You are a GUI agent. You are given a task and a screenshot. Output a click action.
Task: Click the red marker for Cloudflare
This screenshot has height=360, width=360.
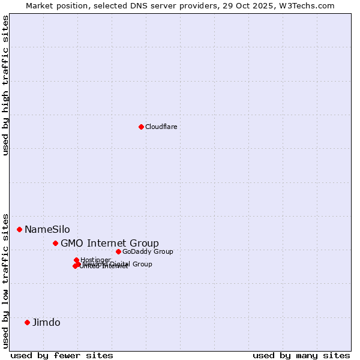(x=141, y=127)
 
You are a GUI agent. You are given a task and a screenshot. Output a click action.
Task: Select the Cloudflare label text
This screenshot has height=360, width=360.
(x=161, y=127)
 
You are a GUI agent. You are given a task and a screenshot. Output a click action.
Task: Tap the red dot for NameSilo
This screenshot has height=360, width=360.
(x=19, y=229)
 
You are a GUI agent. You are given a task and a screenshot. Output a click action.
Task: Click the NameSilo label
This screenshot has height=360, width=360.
(x=47, y=229)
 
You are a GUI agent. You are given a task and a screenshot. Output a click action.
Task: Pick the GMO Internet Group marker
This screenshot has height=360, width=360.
(x=55, y=243)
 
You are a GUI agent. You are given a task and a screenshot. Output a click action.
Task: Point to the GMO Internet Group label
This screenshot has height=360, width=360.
(x=110, y=243)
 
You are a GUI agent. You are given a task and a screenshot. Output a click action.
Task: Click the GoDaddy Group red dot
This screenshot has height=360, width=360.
(x=118, y=251)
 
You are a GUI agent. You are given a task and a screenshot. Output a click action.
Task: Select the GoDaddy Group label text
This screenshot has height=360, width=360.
(x=148, y=251)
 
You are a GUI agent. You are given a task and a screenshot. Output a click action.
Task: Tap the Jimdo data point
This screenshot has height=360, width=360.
(x=27, y=322)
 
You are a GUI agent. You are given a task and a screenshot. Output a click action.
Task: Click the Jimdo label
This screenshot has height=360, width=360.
(x=46, y=322)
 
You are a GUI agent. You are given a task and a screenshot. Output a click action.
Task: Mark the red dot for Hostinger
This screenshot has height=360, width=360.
(x=76, y=260)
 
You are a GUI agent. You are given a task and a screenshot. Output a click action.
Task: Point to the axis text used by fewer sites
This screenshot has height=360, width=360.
(x=62, y=355)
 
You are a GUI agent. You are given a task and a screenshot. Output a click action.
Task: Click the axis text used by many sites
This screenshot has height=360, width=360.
(x=301, y=355)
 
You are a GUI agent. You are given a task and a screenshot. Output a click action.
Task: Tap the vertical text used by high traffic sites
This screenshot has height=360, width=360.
(x=5, y=85)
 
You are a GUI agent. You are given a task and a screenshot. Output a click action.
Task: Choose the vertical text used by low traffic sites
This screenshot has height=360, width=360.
(x=5, y=280)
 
